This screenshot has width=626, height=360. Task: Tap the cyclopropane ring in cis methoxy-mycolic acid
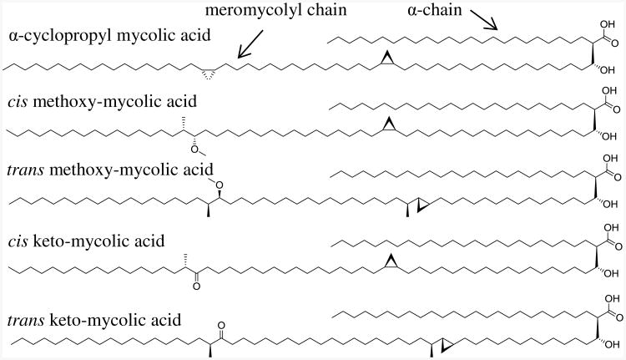388,126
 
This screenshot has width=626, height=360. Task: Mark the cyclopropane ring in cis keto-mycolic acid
388,264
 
